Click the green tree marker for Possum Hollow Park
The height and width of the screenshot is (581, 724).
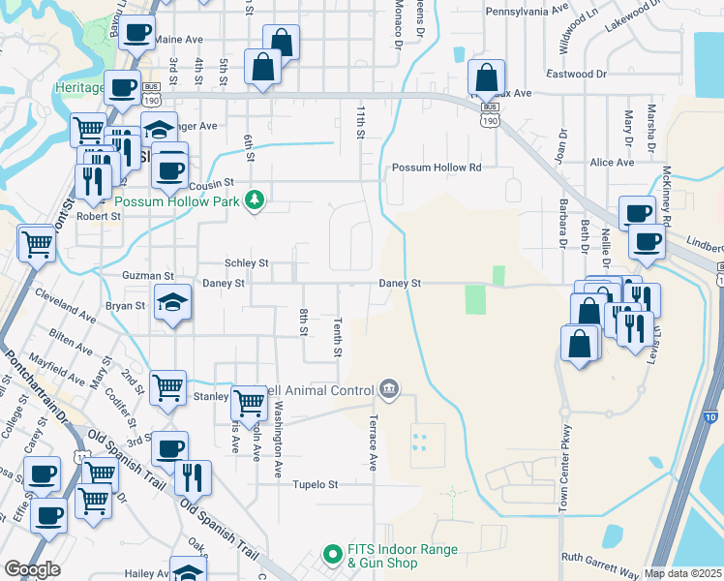255,201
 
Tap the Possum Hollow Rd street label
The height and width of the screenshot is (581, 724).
436,168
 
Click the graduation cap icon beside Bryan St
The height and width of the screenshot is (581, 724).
173,304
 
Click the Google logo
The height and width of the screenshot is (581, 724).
32,569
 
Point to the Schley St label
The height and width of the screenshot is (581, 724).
246,262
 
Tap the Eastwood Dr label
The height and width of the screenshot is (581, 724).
576,74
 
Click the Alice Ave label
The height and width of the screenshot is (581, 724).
612,163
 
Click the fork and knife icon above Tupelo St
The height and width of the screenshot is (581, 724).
193,476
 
